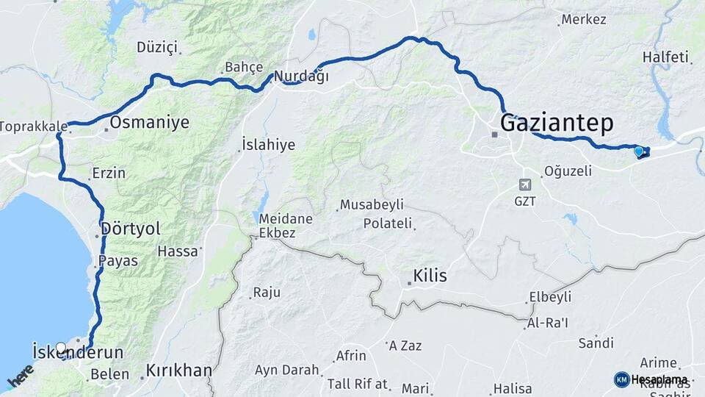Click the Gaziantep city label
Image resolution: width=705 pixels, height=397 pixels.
pos(556,123)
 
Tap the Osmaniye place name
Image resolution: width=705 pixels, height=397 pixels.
pos(150,122)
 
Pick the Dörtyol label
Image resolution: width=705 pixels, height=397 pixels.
pos(132,229)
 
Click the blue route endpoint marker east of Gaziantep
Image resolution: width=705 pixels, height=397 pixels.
pos(639,152)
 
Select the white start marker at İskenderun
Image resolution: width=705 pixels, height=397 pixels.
pos(61,348)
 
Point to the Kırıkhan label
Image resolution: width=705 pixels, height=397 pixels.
pos(178,370)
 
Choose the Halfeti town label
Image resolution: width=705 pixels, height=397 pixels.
pos(665,57)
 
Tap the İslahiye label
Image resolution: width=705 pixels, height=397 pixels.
pos(269,145)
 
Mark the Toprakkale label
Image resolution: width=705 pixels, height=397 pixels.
pos(33,126)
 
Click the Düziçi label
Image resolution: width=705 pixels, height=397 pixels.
pos(157,48)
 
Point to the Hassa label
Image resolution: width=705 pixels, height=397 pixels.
pos(178,251)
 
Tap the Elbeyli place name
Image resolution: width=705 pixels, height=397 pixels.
pos(549,298)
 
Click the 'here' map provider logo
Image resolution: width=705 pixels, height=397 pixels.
pos(20,376)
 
